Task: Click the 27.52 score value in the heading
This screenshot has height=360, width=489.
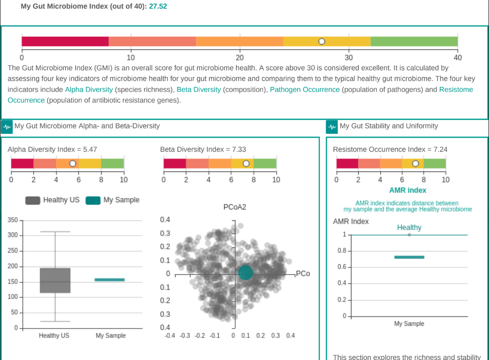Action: pyautogui.click(x=158, y=6)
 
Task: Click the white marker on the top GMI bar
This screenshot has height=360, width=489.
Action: pyautogui.click(x=322, y=42)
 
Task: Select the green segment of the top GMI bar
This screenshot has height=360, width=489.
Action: pyautogui.click(x=414, y=42)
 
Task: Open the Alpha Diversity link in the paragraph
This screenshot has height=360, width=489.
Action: pyautogui.click(x=89, y=89)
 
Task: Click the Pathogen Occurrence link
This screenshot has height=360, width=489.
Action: pyautogui.click(x=305, y=89)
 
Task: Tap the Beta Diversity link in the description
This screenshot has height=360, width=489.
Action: pyautogui.click(x=199, y=89)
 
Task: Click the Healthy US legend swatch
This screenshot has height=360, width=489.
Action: pyautogui.click(x=33, y=200)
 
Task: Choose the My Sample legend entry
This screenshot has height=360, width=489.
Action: pyautogui.click(x=113, y=200)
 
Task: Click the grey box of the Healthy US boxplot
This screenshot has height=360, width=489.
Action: pyautogui.click(x=55, y=280)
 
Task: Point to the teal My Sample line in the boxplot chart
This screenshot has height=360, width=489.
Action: pyautogui.click(x=110, y=280)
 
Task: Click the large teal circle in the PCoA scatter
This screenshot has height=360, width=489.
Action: pyautogui.click(x=245, y=273)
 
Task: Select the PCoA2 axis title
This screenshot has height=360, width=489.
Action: pyautogui.click(x=235, y=207)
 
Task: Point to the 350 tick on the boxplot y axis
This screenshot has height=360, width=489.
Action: pyautogui.click(x=13, y=220)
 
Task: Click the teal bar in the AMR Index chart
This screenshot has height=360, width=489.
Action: pyautogui.click(x=409, y=257)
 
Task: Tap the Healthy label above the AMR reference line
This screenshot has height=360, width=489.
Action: pyautogui.click(x=409, y=228)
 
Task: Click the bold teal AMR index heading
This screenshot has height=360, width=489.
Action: pyautogui.click(x=408, y=191)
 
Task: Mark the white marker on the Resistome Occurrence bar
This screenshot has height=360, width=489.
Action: pyautogui.click(x=415, y=164)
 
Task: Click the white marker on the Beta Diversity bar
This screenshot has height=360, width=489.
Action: pyautogui.click(x=246, y=164)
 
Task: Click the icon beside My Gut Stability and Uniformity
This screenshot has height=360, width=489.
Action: pyautogui.click(x=332, y=127)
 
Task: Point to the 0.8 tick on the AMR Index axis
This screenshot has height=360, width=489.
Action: pyautogui.click(x=342, y=251)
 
